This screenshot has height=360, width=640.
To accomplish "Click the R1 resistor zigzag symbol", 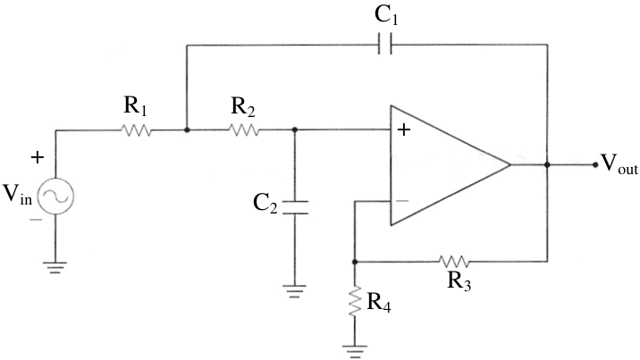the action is click(x=137, y=130).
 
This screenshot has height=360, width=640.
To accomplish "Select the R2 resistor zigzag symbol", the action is click(x=244, y=130).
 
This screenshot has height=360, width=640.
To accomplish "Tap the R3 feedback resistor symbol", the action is click(x=454, y=261).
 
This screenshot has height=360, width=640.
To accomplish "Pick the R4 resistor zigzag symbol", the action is click(x=355, y=301).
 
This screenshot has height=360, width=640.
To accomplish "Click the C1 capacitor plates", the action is click(x=385, y=44).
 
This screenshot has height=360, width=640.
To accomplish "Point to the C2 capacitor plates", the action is click(x=295, y=207).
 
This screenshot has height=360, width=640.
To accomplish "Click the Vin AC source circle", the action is click(x=55, y=197).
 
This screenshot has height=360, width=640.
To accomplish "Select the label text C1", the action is click(x=386, y=16).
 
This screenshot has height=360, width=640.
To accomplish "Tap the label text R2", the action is click(x=243, y=107).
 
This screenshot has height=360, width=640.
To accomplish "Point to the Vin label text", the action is click(x=17, y=194).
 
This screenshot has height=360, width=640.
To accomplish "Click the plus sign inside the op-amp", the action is click(x=404, y=130).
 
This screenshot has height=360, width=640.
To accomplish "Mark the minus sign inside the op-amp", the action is click(x=402, y=201).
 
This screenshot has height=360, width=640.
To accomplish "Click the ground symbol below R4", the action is click(x=355, y=352).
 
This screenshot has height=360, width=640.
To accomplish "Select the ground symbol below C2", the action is click(x=294, y=291).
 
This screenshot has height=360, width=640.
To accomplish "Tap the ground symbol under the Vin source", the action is click(x=55, y=267).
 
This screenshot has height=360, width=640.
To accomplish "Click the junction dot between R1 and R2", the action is click(x=187, y=130).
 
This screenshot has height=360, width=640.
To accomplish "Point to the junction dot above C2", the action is click(x=295, y=130).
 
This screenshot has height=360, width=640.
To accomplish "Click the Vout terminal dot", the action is click(x=595, y=164).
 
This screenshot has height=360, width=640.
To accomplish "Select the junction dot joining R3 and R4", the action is click(x=355, y=262).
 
